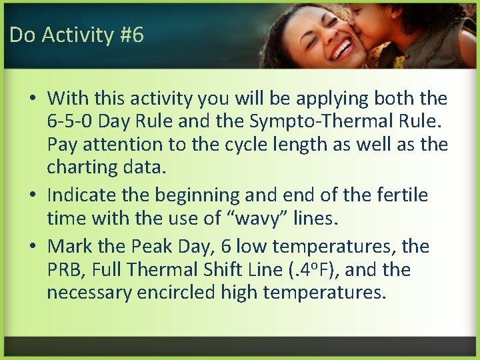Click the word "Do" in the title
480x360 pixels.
tap(22, 35)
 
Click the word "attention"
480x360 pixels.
tap(121, 144)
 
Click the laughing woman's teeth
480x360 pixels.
tap(343, 49)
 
